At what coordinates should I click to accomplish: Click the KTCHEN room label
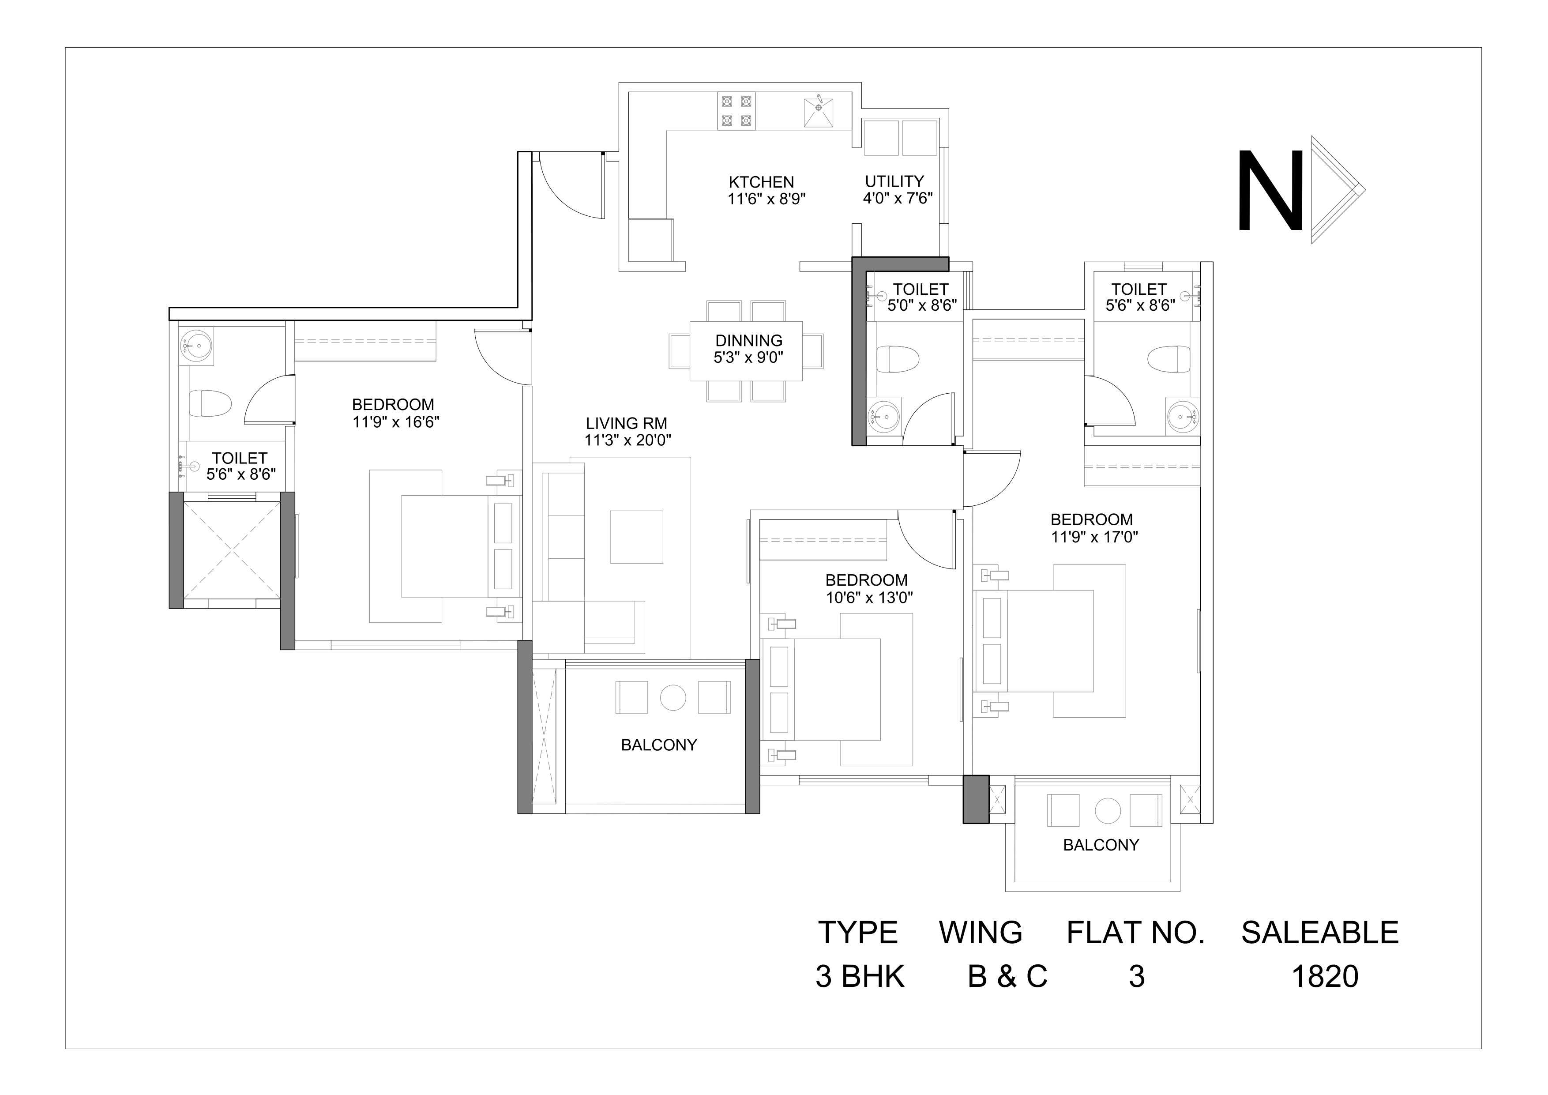(761, 182)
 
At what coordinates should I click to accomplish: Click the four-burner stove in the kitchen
(736, 111)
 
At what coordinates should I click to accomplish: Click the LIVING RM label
(626, 423)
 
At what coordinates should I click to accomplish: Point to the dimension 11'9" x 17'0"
(1094, 538)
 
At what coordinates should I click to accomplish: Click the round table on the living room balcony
(673, 697)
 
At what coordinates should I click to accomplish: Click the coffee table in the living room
(636, 537)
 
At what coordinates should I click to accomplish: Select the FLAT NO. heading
(1135, 933)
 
